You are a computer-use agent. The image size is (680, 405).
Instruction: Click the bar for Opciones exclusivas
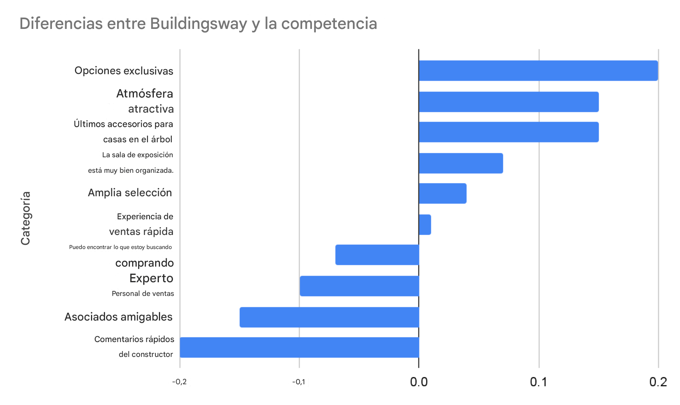(538, 71)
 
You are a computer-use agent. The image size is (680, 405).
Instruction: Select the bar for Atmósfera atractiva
(508, 102)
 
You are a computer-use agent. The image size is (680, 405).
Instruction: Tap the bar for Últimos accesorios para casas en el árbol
(508, 132)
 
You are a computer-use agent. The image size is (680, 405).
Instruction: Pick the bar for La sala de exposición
(461, 163)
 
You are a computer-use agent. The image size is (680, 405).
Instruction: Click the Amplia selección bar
(442, 194)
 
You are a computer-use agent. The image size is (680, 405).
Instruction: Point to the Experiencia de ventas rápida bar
(425, 225)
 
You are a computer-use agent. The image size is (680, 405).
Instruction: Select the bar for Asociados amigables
(329, 317)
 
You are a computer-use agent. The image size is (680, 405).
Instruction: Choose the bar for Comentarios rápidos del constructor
(299, 348)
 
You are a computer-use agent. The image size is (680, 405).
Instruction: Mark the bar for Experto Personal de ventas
(359, 286)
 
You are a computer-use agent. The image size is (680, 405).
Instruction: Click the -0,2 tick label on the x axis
(180, 382)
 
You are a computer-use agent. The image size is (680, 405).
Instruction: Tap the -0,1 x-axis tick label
(299, 382)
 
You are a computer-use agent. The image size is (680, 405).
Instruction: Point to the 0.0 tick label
(419, 382)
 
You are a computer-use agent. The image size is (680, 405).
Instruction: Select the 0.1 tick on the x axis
(539, 382)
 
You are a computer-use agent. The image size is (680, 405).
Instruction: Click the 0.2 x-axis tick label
(658, 382)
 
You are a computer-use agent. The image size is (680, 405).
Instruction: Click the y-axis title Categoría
(26, 218)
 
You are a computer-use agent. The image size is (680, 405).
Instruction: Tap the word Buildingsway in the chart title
(198, 24)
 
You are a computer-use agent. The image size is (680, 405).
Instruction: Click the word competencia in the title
(329, 24)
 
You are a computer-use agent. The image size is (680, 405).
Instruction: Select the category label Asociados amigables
(118, 317)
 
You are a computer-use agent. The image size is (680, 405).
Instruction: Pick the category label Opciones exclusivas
(124, 71)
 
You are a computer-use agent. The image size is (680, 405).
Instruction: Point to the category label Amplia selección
(130, 193)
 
